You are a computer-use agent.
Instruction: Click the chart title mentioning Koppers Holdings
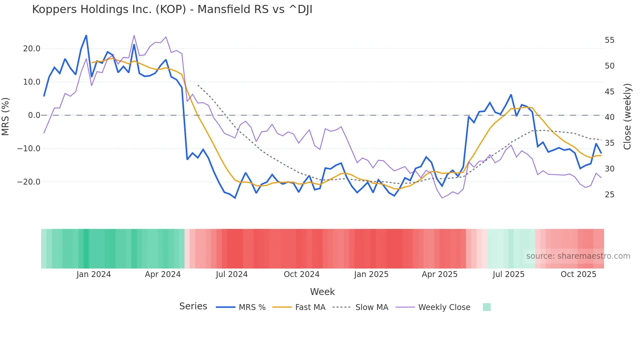pyautogui.click(x=172, y=9)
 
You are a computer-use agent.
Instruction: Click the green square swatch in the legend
pyautogui.click(x=487, y=307)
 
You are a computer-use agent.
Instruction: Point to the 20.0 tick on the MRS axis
pyautogui.click(x=32, y=49)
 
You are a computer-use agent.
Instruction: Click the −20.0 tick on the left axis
pyautogui.click(x=29, y=182)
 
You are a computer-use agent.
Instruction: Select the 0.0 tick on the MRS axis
pyautogui.click(x=34, y=115)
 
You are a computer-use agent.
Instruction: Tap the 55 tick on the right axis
pyautogui.click(x=609, y=40)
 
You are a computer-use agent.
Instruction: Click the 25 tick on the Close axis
pyautogui.click(x=609, y=195)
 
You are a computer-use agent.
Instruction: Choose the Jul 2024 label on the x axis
pyautogui.click(x=232, y=274)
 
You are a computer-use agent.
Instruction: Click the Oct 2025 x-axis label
pyautogui.click(x=578, y=274)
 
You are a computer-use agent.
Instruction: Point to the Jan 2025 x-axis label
pyautogui.click(x=371, y=274)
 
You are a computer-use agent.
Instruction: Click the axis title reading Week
pyautogui.click(x=322, y=292)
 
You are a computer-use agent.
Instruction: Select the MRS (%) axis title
pyautogui.click(x=6, y=116)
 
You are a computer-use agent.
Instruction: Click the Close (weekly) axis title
pyautogui.click(x=627, y=117)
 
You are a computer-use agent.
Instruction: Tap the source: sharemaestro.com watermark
pyautogui.click(x=578, y=256)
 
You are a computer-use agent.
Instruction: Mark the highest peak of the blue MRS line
pyautogui.click(x=86, y=35)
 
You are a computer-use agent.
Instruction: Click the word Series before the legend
pyautogui.click(x=193, y=306)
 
